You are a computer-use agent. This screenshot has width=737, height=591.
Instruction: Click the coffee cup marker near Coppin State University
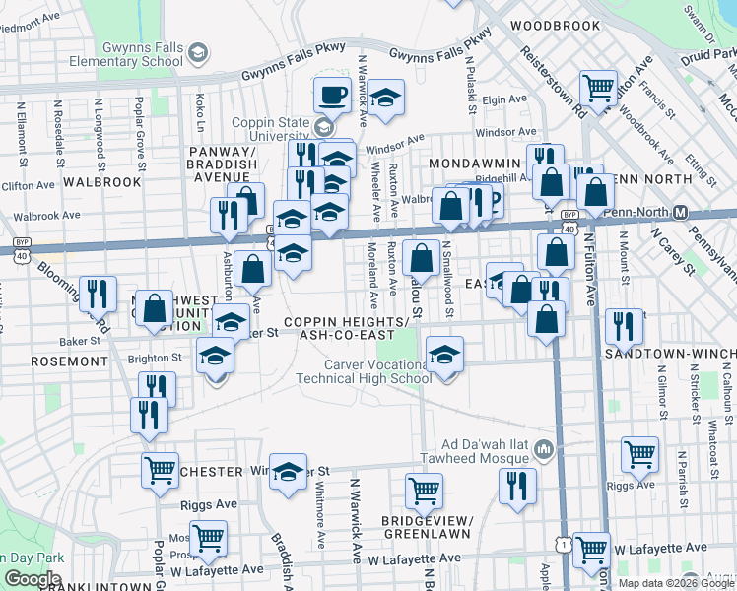pos(331,96)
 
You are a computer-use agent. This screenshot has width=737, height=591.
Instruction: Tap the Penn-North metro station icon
pos(680,213)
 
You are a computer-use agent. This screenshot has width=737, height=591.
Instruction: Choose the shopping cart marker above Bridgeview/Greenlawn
pos(424,490)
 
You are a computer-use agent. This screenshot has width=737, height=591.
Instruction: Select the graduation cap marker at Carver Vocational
pos(445,355)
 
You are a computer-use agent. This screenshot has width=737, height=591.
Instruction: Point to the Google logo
pos(32,579)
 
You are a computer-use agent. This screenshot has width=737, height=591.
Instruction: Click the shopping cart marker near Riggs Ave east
pos(639,454)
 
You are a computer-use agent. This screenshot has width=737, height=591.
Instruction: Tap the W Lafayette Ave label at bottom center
pos(415,558)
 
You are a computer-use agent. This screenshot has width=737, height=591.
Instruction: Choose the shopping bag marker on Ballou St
pos(422,259)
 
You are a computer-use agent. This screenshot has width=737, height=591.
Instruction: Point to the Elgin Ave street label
pos(505,99)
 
